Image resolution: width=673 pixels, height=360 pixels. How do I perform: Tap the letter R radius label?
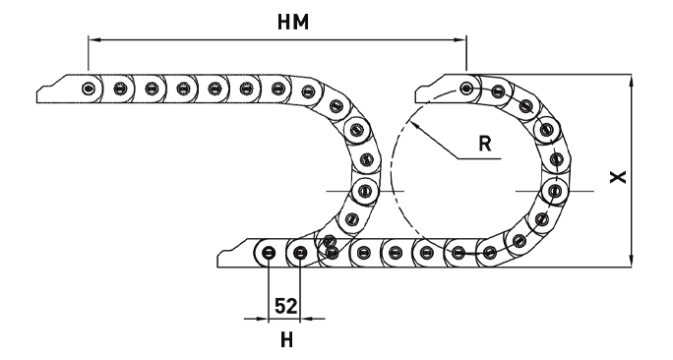[485, 143]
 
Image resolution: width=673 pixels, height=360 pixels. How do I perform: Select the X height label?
[616, 176]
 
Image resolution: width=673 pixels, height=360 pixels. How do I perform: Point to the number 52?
[285, 307]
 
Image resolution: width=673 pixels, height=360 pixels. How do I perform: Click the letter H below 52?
[286, 341]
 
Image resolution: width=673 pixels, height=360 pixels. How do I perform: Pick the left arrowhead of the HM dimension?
[94, 40]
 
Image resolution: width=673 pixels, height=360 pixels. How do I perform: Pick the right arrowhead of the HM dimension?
[461, 40]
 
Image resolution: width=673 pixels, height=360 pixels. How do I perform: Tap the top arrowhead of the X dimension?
[630, 80]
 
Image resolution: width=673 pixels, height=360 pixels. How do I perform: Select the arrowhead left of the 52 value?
[263, 319]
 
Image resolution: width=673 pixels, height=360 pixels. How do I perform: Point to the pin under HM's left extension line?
[90, 89]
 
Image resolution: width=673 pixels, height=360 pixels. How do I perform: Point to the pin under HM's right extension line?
[467, 89]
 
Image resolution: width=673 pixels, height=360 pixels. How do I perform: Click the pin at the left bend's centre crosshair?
[365, 189]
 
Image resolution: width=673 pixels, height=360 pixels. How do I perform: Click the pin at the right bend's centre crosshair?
[555, 189]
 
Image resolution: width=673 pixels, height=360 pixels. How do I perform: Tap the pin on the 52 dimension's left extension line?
[269, 254]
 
